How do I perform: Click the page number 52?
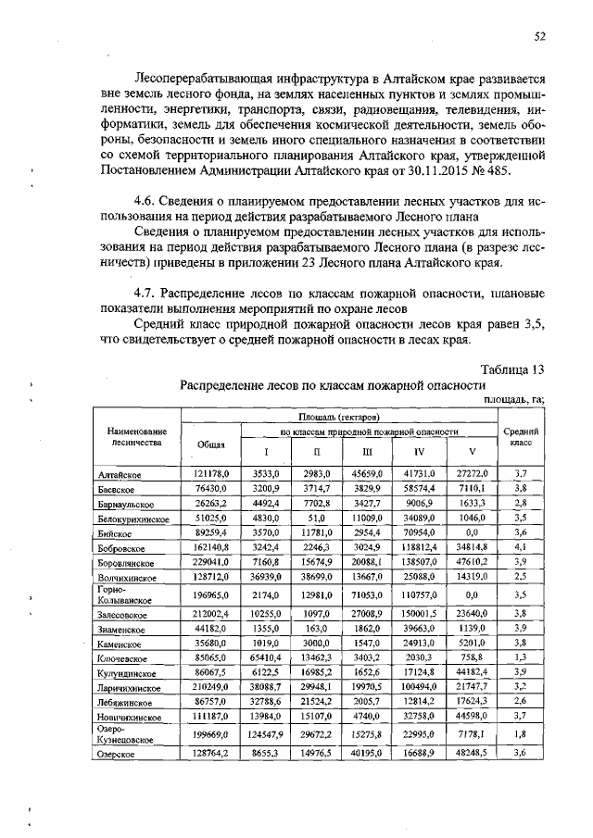[538, 36]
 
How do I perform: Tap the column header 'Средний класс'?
[521, 437]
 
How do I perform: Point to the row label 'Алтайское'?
[120, 473]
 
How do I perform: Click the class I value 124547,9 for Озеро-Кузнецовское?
[265, 734]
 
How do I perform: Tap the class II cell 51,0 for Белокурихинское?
[317, 519]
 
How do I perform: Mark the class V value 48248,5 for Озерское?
[473, 754]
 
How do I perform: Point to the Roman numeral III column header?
[368, 452]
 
